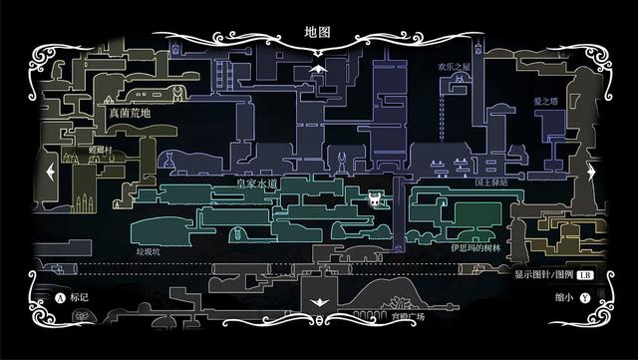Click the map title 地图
coord(317,32)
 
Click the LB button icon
coord(584,275)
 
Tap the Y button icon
coord(584,297)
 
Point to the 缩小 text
coord(563,297)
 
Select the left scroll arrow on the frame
coord(48,172)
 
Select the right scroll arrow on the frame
coord(590,172)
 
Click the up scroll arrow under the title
coord(318,68)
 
